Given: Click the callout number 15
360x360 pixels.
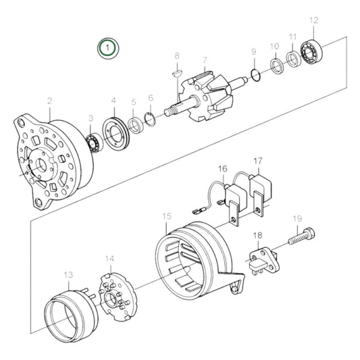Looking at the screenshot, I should [167, 216].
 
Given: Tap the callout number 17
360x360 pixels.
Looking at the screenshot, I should [257, 161].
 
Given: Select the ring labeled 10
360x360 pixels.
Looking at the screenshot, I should [276, 66].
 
